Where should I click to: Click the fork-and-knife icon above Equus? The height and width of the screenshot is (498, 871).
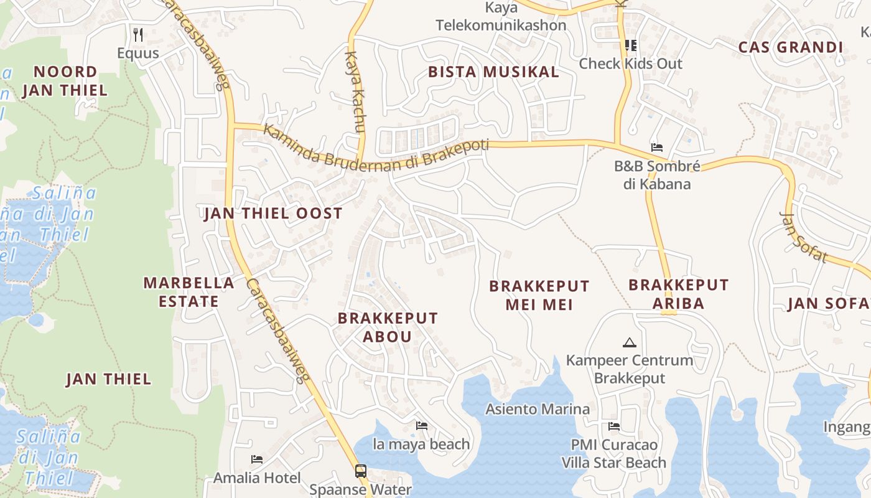click(x=138, y=35)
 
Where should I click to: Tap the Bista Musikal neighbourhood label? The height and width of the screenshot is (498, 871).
click(x=493, y=72)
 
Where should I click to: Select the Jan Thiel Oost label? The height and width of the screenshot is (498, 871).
click(x=273, y=214)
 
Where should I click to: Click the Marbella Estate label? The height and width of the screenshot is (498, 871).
click(x=189, y=292)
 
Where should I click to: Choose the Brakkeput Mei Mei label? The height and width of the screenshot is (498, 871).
click(x=539, y=295)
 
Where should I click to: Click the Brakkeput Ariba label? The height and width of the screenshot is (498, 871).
click(x=678, y=294)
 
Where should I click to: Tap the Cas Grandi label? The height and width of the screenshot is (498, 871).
click(x=790, y=47)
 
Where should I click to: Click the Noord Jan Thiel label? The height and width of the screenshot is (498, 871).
click(x=65, y=81)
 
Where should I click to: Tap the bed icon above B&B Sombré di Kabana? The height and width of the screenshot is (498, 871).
click(x=656, y=148)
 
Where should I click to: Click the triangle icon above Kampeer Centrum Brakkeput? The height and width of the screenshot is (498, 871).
click(x=630, y=342)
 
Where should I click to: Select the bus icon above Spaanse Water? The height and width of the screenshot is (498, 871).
click(x=360, y=471)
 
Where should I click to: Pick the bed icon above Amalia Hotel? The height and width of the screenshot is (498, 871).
click(x=256, y=459)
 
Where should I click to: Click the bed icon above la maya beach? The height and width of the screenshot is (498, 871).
click(x=421, y=426)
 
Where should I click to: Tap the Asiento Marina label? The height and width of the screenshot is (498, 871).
click(x=538, y=409)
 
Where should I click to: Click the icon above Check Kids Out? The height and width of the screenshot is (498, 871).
click(x=631, y=45)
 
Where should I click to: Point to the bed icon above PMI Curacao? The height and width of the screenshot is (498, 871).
click(x=613, y=426)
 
